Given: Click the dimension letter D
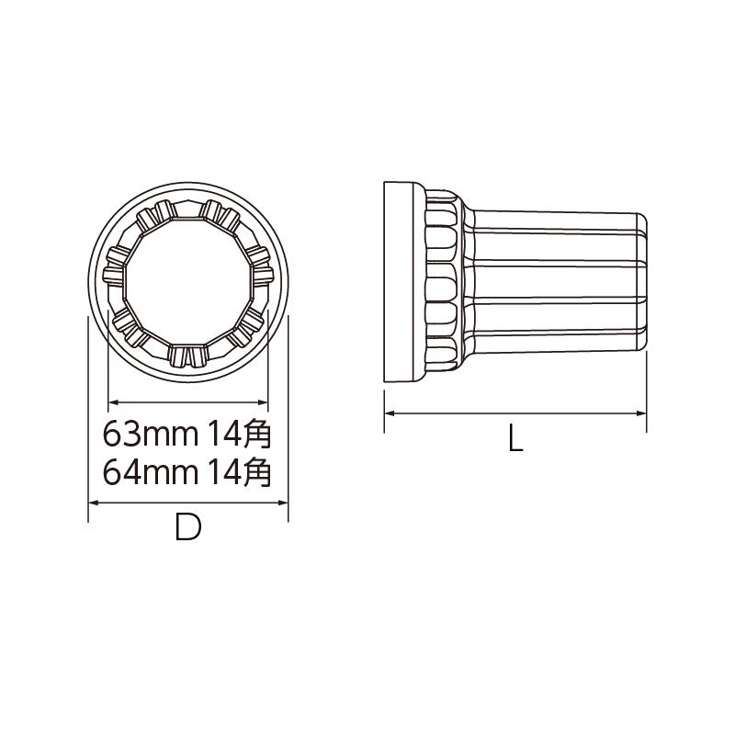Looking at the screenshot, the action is (x=188, y=526).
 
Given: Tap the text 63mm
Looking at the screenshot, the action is (x=151, y=434).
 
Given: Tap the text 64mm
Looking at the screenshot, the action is (x=151, y=472).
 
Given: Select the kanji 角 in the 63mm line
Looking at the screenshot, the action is (x=258, y=433).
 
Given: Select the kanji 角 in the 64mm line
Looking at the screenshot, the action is (x=258, y=471).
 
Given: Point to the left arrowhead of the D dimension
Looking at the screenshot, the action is (x=93, y=503).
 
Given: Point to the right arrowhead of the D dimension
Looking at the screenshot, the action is (x=283, y=503).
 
